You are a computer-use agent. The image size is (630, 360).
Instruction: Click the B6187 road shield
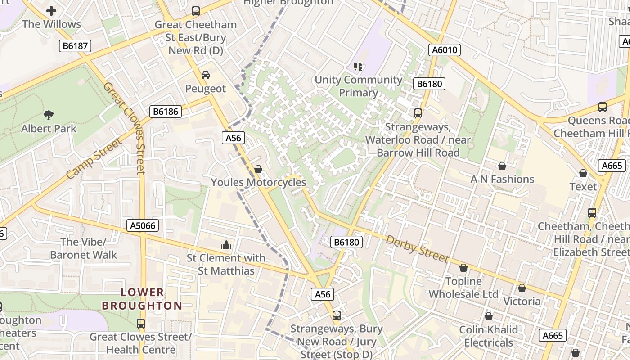(x=76, y=45)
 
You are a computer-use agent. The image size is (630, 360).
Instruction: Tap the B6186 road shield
(x=166, y=112)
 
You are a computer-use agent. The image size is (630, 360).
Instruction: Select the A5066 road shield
(x=143, y=225)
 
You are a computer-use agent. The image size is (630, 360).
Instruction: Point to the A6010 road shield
(x=445, y=50)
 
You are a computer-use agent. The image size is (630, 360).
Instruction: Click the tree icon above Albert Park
(x=49, y=115)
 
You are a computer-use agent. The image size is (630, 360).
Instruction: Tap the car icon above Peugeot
(x=206, y=75)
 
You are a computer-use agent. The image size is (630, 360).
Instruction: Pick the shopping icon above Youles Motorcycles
(x=258, y=169)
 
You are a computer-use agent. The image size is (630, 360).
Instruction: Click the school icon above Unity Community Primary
(x=358, y=67)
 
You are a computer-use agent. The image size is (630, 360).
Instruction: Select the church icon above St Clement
(x=226, y=245)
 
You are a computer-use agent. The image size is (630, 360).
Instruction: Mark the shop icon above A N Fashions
(x=502, y=166)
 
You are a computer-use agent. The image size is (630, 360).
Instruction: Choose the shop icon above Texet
(x=583, y=173)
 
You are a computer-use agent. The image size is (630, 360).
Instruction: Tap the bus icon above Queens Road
(x=603, y=107)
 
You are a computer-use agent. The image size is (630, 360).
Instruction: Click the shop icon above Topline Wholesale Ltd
(x=463, y=268)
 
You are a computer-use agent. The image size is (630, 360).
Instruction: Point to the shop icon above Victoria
(x=522, y=288)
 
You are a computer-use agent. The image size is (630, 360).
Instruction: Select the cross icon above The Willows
(x=51, y=11)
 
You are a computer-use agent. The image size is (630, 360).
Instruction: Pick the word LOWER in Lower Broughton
(x=142, y=292)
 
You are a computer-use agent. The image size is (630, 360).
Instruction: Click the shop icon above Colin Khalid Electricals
(x=489, y=316)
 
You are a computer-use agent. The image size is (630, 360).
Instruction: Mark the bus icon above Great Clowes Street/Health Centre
(x=141, y=324)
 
